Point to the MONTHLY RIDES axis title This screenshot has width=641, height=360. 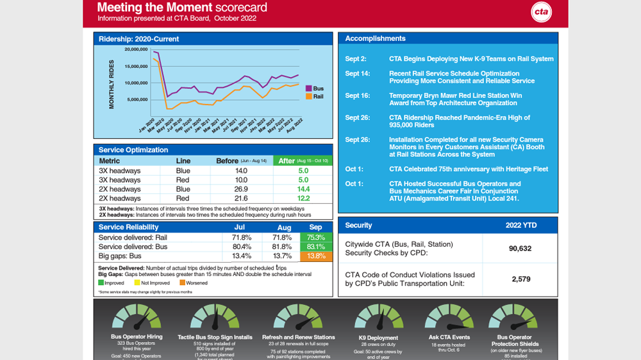pyautogui.click(x=112, y=84)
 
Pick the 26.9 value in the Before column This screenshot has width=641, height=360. pyautogui.click(x=241, y=190)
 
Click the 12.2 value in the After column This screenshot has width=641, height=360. pyautogui.click(x=303, y=199)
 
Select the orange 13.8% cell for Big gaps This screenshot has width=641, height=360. pyautogui.click(x=315, y=256)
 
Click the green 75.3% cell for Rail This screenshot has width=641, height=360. pyautogui.click(x=315, y=238)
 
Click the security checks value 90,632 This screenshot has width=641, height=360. pyautogui.click(x=520, y=249)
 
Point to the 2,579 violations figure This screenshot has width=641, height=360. pyautogui.click(x=520, y=279)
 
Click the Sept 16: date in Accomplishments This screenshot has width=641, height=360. pyautogui.click(x=357, y=95)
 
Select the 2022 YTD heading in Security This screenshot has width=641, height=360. pyautogui.click(x=520, y=225)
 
